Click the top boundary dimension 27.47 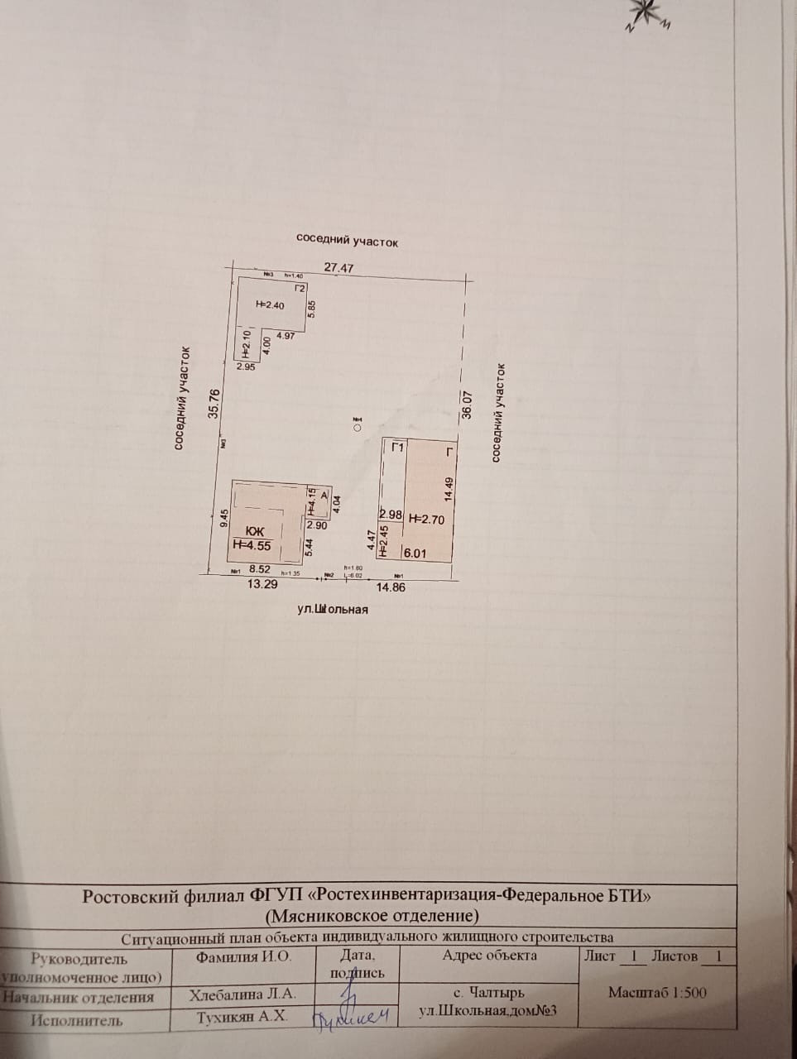[x=339, y=268]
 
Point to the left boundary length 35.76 [x=215, y=404]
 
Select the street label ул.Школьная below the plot [x=333, y=610]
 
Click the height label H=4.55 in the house [x=252, y=544]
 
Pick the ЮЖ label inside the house [x=256, y=531]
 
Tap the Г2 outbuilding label [x=301, y=289]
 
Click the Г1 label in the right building [x=398, y=448]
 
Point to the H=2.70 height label [x=427, y=520]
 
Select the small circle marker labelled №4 [x=357, y=429]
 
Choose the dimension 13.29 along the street [x=262, y=584]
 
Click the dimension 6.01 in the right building [x=415, y=553]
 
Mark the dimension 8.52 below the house [x=260, y=569]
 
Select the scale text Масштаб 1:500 [x=657, y=993]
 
